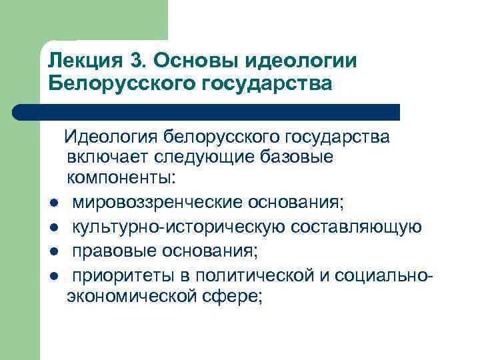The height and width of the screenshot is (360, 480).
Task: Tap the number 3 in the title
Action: (x=138, y=61)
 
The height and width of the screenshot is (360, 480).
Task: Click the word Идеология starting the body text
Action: (x=109, y=137)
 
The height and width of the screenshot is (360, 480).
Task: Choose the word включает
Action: (x=107, y=158)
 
